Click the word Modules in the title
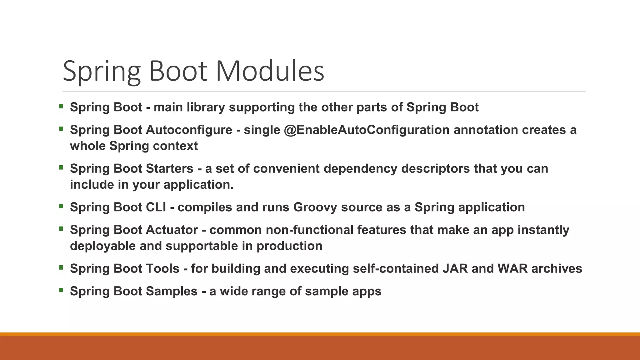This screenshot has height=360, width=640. pos(270,71)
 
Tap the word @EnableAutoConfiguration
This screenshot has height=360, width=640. pos(367,130)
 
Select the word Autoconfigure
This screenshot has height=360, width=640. pos(189,130)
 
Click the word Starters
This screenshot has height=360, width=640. pos(170,169)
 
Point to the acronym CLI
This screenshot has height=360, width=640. pos(156,207)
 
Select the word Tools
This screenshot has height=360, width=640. pos(162,269)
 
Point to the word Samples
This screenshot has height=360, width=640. pos(172,291)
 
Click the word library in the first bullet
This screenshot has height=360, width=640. pos(206,107)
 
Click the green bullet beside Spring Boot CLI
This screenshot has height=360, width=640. pos(61,206)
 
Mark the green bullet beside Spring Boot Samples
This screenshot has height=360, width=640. pos(61,290)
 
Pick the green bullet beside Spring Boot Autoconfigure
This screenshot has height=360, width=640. pos(61,128)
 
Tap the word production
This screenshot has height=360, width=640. pos(289,246)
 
